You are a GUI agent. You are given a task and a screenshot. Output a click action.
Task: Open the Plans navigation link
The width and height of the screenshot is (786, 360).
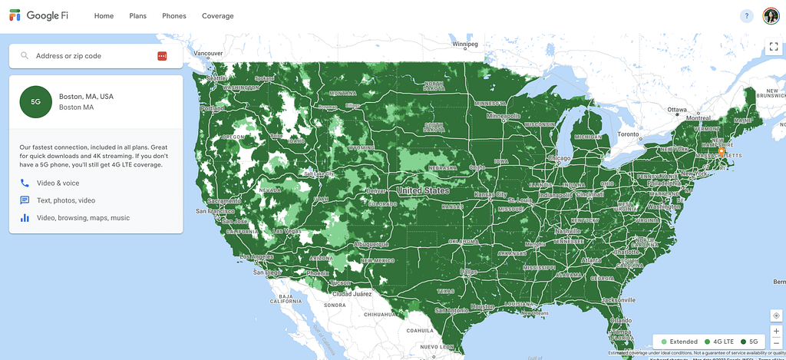click(137, 16)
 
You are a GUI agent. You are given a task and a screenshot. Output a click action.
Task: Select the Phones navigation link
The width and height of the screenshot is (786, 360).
click(173, 16)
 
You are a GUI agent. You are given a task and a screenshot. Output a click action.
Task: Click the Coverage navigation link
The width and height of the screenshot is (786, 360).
click(218, 16)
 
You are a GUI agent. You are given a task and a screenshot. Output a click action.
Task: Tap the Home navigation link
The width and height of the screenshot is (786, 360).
click(104, 16)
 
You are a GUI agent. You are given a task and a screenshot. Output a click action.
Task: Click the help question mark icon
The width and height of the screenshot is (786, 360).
click(746, 16)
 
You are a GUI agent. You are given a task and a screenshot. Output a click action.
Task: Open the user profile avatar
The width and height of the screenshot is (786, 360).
click(771, 16)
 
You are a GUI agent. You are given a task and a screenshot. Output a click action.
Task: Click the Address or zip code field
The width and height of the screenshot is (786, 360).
click(92, 56)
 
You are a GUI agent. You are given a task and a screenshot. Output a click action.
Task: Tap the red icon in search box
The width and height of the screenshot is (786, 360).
click(162, 56)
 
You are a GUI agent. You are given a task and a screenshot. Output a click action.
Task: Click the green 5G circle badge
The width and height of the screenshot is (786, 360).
click(35, 101)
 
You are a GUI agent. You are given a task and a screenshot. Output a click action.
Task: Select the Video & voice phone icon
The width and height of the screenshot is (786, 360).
click(25, 183)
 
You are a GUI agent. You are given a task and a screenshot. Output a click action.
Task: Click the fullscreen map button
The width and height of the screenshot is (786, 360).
click(774, 47)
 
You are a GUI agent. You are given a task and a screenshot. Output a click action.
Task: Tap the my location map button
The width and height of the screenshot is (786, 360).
click(776, 315)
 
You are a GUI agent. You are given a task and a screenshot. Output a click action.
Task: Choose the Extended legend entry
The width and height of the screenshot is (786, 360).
click(679, 342)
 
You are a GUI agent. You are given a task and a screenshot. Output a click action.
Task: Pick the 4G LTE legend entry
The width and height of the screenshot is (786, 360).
click(719, 342)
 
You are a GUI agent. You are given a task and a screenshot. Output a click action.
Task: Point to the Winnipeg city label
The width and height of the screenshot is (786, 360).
click(465, 45)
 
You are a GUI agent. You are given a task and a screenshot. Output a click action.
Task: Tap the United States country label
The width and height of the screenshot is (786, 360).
click(423, 190)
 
